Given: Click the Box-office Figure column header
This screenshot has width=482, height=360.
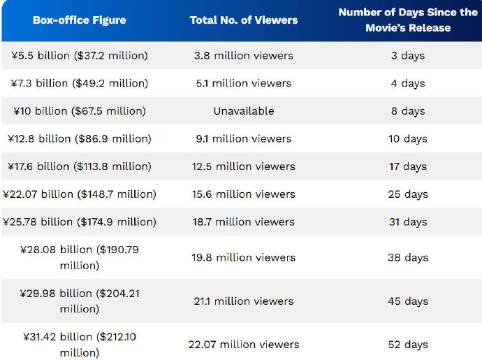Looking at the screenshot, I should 80,20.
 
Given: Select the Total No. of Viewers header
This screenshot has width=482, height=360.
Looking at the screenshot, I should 244,20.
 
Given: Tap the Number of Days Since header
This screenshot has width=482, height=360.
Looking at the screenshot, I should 408,20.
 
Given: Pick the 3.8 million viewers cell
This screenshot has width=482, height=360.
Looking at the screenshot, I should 244,55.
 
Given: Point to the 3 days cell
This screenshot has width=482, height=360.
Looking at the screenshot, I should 408,55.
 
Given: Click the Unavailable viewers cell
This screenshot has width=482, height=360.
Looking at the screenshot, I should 244,111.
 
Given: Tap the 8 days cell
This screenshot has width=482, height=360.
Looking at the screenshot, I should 408,111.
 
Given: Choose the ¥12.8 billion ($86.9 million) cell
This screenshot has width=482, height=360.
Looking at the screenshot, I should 80,138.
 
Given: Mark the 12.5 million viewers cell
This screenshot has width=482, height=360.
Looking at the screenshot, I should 244,166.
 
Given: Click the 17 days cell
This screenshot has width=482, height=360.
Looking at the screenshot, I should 408,166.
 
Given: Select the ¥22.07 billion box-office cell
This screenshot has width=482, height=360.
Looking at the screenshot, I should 80,194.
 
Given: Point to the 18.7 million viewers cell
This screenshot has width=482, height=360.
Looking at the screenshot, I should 244,222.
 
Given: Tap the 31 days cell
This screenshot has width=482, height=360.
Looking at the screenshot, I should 408,222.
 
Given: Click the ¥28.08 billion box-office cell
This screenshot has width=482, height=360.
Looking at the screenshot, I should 80,257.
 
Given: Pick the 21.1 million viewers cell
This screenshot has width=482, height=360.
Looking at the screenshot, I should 244,301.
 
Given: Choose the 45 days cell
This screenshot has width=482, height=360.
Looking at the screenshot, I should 408,301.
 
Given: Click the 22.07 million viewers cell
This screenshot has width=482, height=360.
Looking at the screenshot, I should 244,345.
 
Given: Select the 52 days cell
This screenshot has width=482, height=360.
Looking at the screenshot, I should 408,345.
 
